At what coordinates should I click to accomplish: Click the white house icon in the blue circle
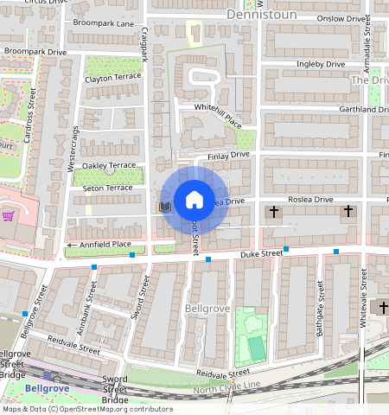[194, 200]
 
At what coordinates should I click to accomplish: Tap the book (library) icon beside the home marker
[164, 207]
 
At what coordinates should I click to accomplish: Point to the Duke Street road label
[261, 253]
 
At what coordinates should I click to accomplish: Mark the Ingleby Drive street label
[321, 64]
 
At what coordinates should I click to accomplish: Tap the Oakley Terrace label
[109, 165]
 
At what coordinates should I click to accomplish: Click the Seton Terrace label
[107, 188]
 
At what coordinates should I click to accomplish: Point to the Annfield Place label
[105, 245]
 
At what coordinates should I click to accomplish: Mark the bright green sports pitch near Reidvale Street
[255, 348]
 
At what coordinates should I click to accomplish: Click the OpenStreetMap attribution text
[86, 409]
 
